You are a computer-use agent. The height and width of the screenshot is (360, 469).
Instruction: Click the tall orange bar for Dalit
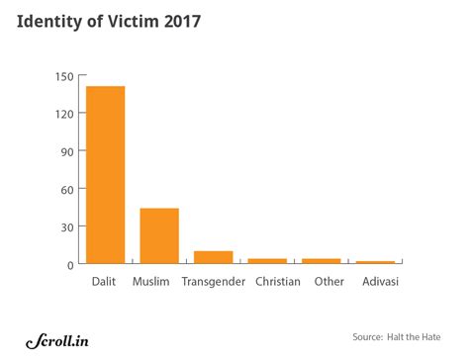(106, 175)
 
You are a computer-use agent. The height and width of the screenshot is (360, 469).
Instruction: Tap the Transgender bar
(213, 257)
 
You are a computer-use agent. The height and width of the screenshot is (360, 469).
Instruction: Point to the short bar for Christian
(267, 261)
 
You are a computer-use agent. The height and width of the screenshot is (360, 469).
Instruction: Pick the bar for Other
(321, 261)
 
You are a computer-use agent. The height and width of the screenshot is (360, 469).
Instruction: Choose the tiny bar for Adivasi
(375, 262)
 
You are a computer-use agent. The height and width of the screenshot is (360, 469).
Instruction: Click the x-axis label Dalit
(106, 283)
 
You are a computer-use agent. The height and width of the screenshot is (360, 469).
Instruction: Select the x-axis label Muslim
(159, 283)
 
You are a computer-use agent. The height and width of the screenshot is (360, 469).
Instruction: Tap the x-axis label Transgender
(213, 283)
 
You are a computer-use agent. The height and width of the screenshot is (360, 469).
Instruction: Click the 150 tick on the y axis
(63, 76)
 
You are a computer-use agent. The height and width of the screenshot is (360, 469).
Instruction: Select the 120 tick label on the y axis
(63, 114)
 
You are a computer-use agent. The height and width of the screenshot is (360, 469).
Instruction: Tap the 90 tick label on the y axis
(66, 151)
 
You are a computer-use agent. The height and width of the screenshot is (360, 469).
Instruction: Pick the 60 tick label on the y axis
(66, 189)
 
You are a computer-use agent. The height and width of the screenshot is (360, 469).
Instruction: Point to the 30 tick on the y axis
(66, 226)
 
